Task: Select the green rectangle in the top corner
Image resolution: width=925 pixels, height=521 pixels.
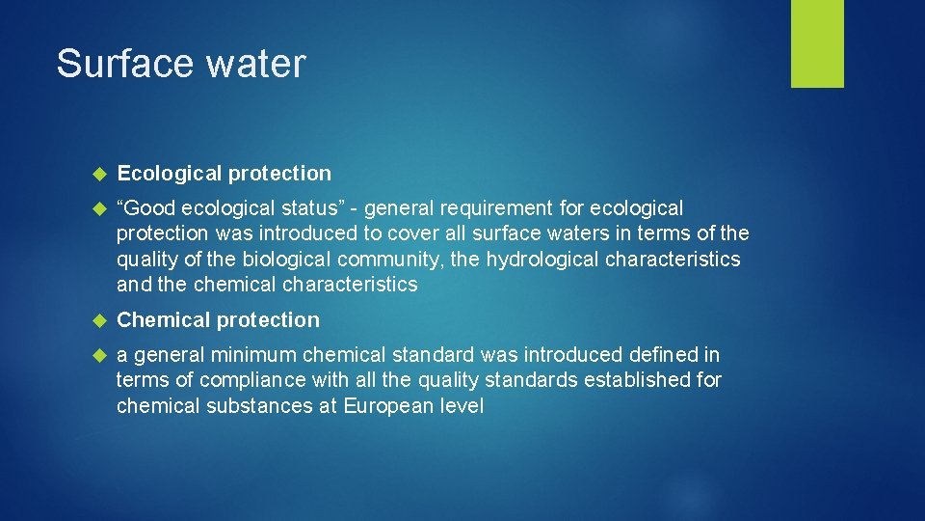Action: pyautogui.click(x=817, y=43)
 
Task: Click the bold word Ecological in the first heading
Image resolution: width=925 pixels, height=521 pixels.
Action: pyautogui.click(x=170, y=174)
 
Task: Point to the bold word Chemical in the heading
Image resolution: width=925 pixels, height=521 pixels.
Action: pyautogui.click(x=164, y=320)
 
